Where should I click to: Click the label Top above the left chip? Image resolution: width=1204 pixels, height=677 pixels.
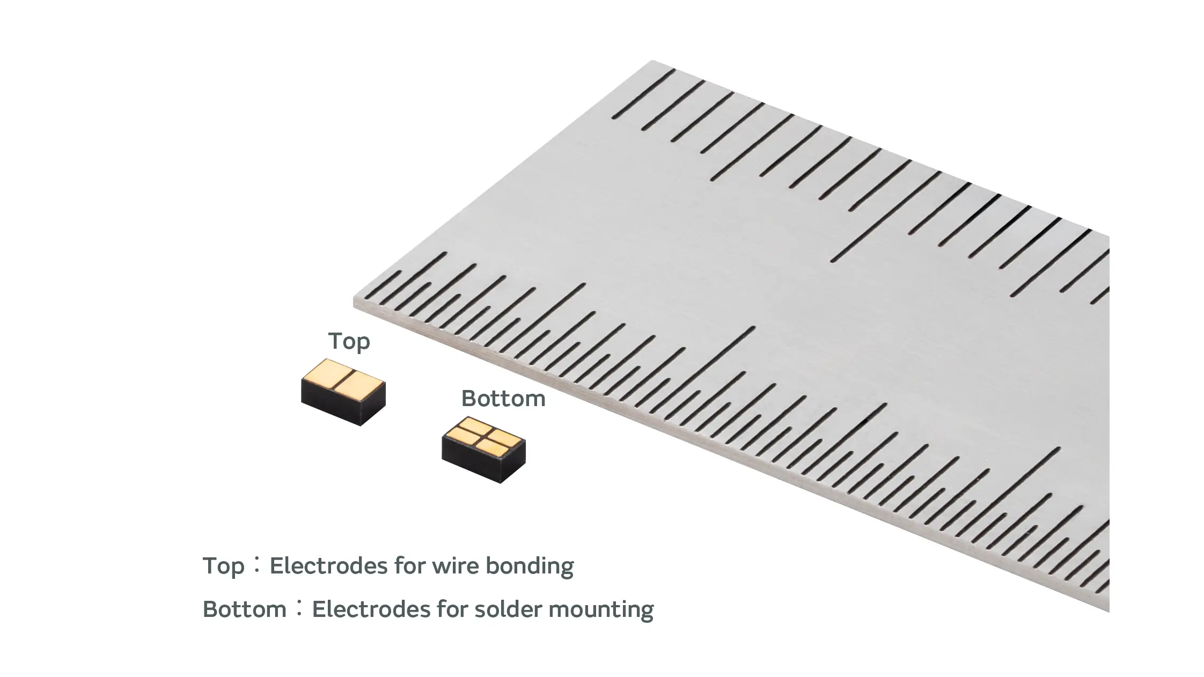click(x=349, y=341)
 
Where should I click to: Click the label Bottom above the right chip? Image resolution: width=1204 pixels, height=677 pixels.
click(x=503, y=399)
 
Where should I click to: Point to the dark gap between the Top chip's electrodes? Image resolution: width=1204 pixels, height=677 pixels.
click(x=344, y=378)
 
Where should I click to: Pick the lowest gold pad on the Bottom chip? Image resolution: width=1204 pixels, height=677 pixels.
click(x=491, y=448)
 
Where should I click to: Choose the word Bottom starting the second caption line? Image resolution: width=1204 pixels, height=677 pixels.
click(x=245, y=609)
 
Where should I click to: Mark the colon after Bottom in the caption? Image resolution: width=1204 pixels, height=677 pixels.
click(x=299, y=608)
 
